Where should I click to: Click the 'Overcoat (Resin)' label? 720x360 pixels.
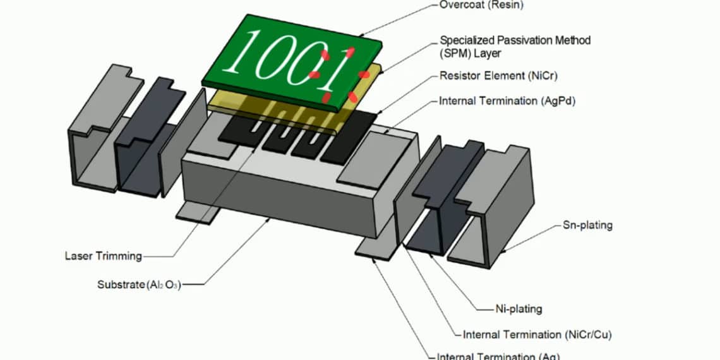(481, 6)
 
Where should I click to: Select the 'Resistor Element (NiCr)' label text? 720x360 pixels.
(498, 76)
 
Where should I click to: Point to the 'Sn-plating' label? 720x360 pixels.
(587, 225)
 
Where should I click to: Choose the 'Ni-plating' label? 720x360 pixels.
(519, 309)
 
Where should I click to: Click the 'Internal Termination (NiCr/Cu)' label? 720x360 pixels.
(537, 335)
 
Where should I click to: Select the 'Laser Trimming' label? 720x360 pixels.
(103, 256)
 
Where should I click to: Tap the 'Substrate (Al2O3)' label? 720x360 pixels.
(139, 285)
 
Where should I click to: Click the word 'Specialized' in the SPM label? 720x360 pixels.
(467, 40)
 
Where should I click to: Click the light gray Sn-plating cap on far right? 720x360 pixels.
(499, 208)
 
